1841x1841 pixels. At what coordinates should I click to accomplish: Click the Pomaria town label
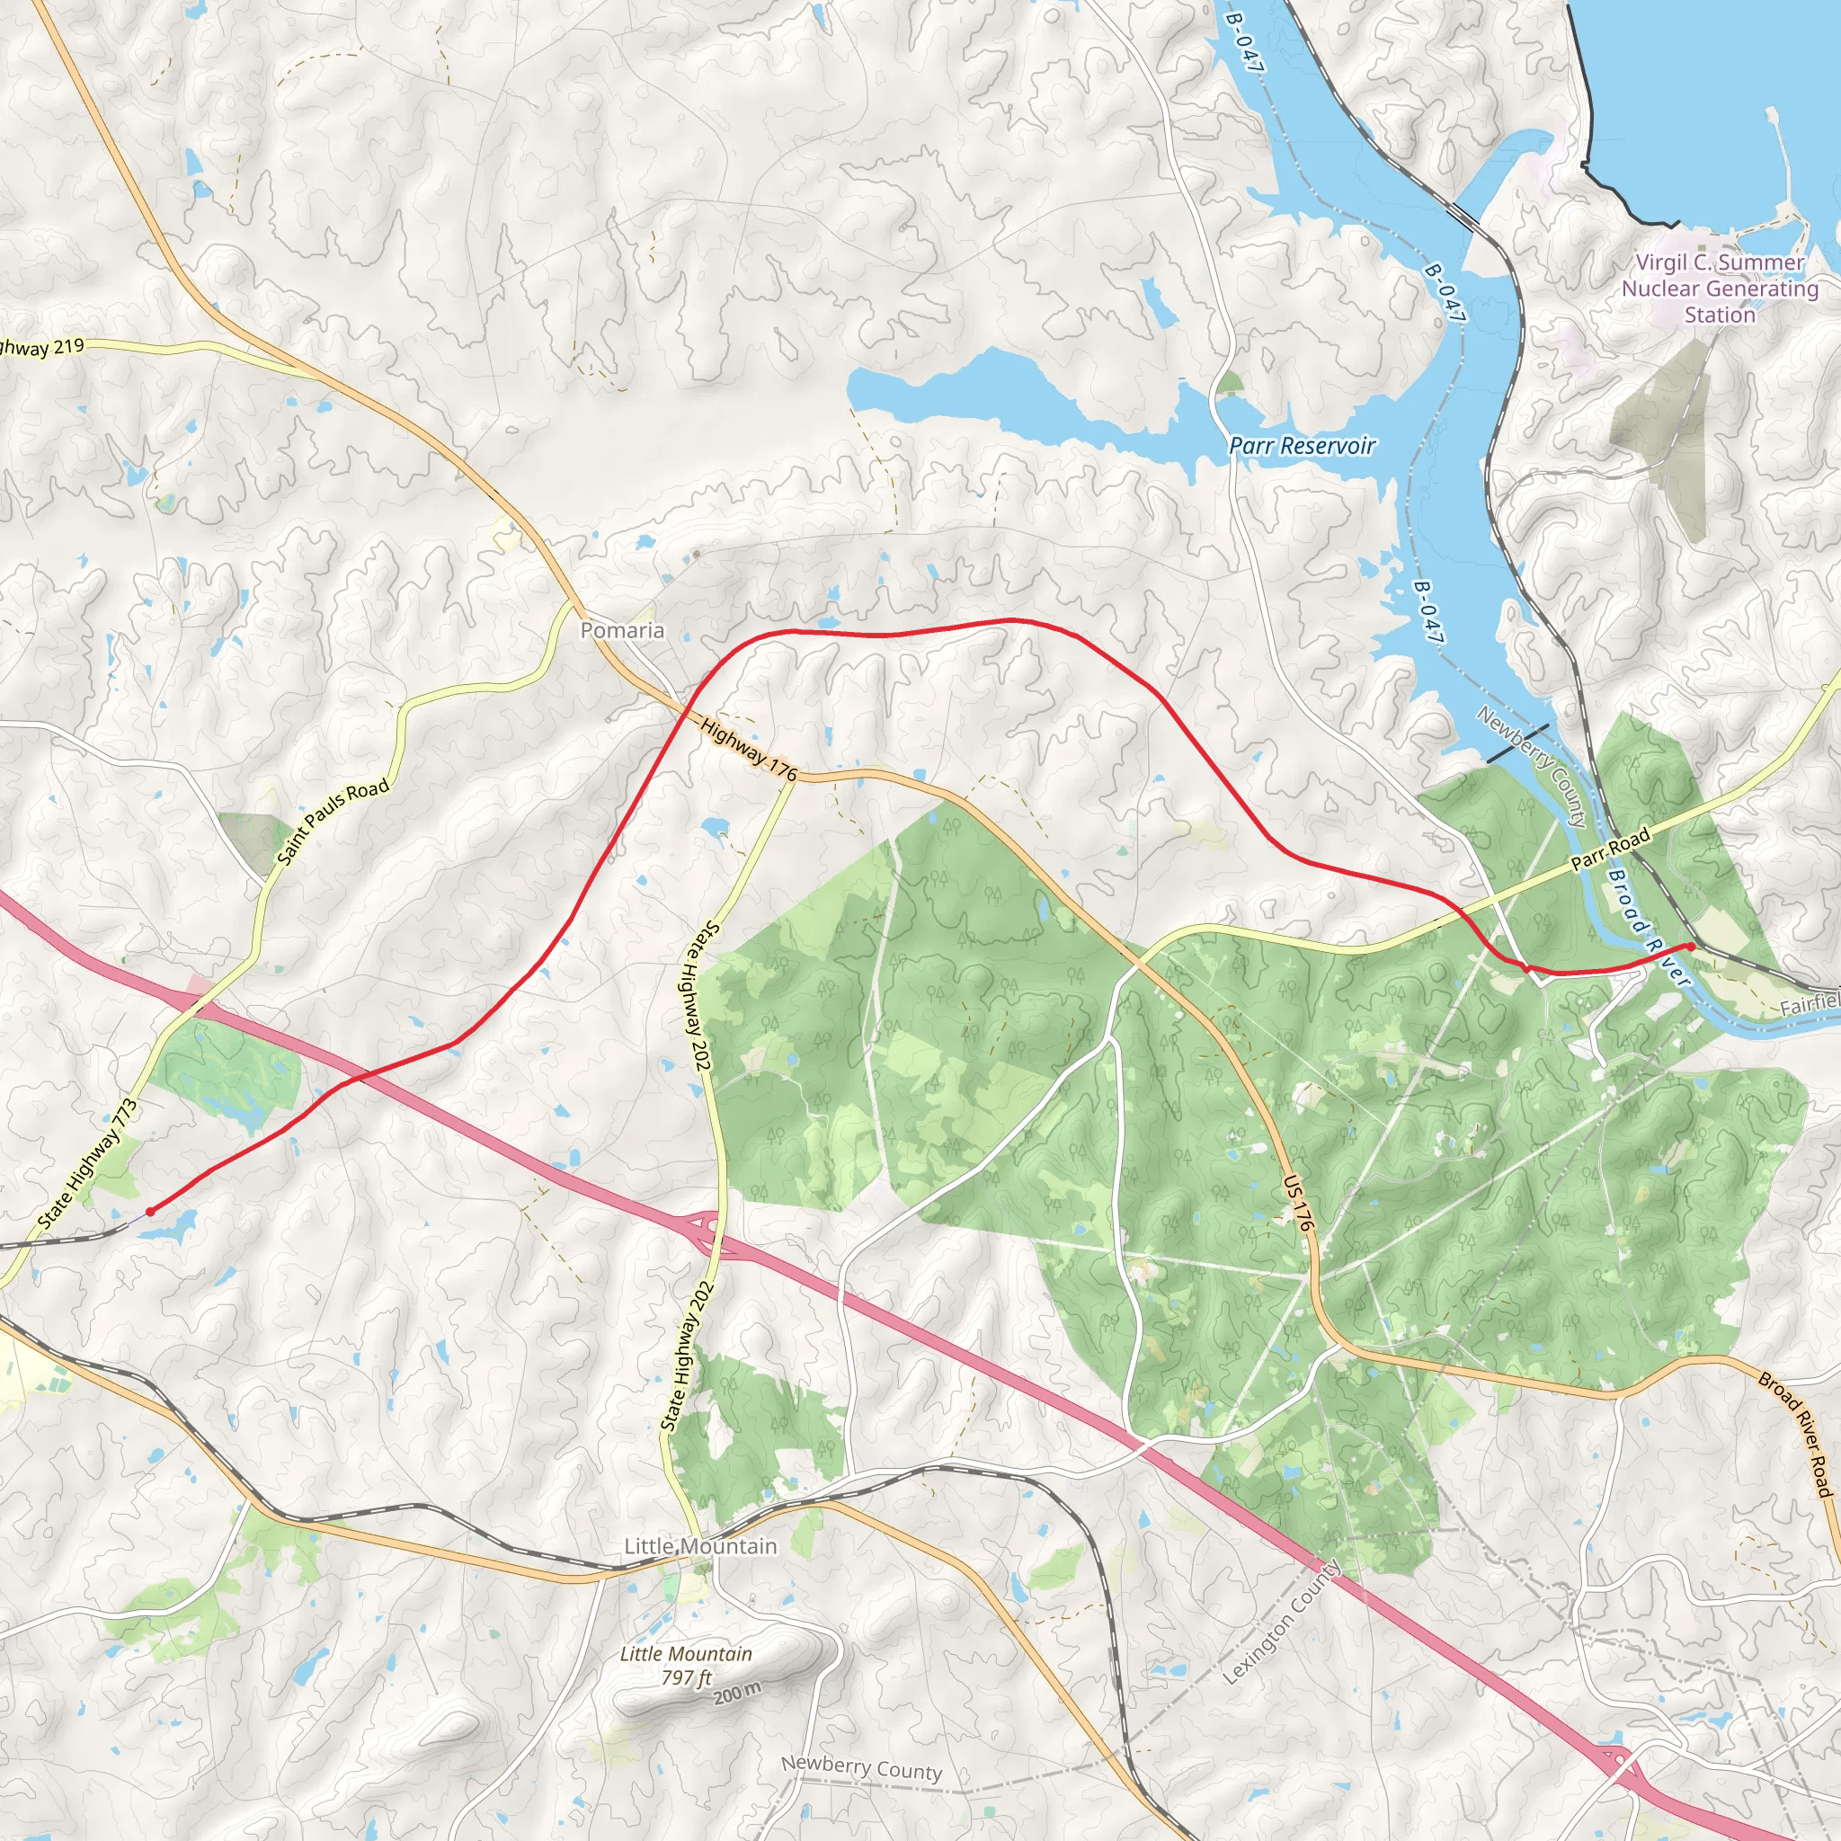622,630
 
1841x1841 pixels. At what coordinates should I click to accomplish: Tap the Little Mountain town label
700,1545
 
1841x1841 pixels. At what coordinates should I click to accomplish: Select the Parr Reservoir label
1302,445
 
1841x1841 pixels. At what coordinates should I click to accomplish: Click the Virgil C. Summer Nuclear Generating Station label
1720,288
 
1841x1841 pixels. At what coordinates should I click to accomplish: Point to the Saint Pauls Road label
333,822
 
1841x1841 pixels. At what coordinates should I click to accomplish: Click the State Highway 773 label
88,1164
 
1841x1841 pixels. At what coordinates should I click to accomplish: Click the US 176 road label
1299,1203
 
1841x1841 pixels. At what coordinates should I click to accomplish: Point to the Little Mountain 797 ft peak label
686,1665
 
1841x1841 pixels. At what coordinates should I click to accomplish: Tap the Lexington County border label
1281,1622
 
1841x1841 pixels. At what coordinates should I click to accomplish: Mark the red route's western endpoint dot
149,1211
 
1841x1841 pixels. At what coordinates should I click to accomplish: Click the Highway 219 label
43,348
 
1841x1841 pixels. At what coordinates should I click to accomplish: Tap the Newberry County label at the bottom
861,1768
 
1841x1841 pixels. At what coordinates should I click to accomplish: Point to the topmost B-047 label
1244,43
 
